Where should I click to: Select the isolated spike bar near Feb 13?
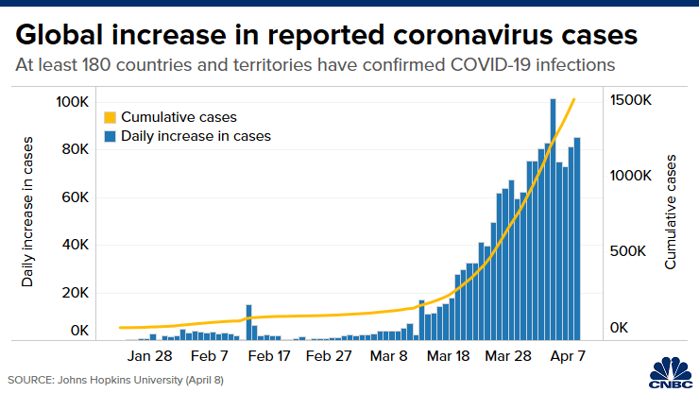(x=248, y=322)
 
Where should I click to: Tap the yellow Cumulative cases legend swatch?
(x=111, y=118)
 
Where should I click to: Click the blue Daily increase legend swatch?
(x=111, y=136)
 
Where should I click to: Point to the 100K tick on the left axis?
(x=73, y=101)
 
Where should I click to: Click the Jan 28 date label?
(x=150, y=357)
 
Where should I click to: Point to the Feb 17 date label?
(x=270, y=357)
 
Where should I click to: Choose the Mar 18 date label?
(x=449, y=357)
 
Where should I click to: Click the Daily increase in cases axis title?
(x=28, y=212)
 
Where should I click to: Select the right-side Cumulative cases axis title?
(x=671, y=214)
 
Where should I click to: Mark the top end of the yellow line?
(x=574, y=98)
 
